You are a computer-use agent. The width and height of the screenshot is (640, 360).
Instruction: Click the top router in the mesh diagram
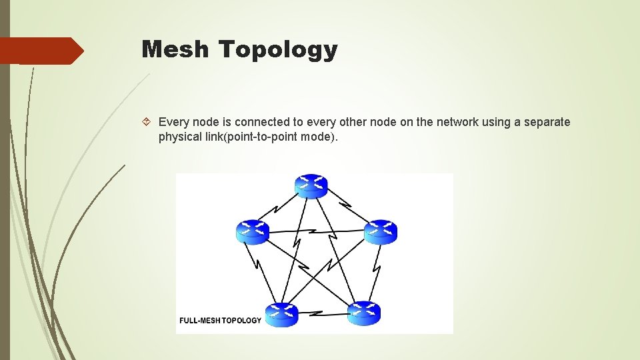click(x=311, y=185)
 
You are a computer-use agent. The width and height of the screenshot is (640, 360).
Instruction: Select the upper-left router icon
click(x=253, y=231)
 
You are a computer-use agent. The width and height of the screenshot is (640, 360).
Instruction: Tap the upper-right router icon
click(x=381, y=231)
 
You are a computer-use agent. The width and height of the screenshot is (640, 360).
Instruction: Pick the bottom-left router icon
click(x=281, y=314)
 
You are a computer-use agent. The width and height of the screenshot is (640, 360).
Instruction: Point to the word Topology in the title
click(x=278, y=50)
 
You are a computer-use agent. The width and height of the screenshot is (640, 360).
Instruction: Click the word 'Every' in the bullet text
click(x=174, y=122)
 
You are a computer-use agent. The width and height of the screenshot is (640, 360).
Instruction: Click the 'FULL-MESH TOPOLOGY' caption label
click(x=221, y=321)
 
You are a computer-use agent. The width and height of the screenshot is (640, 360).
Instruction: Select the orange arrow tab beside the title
click(x=41, y=51)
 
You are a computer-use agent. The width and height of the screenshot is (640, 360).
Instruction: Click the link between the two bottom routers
click(x=323, y=313)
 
